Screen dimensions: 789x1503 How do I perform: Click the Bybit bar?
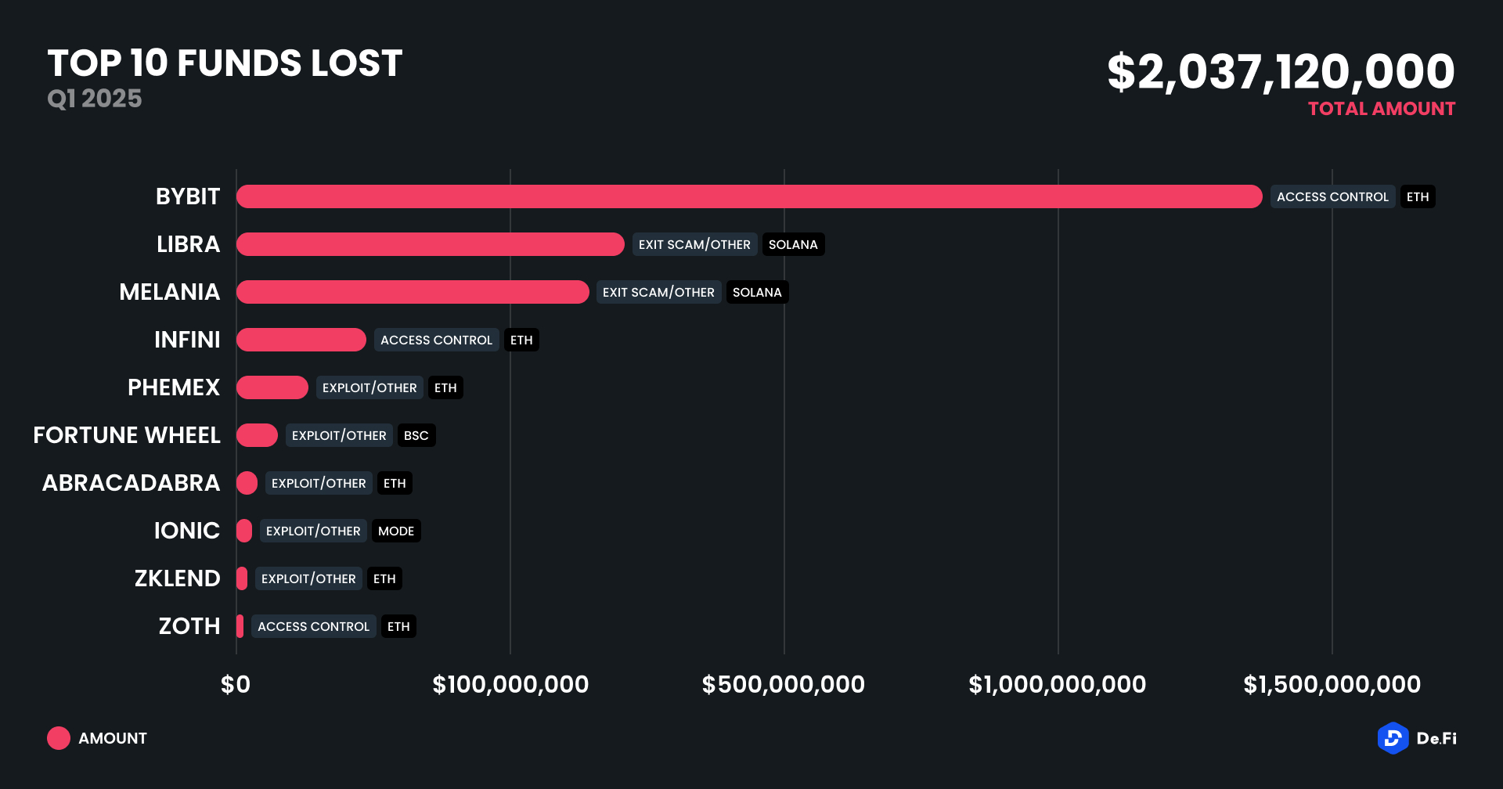(748, 196)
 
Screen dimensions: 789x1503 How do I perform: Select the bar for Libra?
(430, 244)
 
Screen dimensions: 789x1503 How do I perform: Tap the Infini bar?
(301, 340)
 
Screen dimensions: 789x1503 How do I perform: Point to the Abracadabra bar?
(247, 483)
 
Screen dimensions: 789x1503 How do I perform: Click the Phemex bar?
(272, 387)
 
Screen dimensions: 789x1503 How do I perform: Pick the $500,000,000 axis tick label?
(783, 685)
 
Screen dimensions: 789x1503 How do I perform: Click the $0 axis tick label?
(236, 685)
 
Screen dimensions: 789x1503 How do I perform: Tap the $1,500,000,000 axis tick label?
(1332, 685)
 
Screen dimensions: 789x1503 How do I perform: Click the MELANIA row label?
(169, 292)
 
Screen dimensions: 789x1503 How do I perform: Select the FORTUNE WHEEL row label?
(127, 435)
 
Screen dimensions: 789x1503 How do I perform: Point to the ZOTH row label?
(189, 626)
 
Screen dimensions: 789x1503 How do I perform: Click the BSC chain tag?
(416, 435)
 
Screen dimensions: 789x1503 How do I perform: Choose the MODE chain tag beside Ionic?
(395, 531)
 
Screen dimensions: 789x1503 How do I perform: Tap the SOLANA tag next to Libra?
(792, 244)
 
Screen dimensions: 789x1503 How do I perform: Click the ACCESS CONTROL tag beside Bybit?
(1332, 196)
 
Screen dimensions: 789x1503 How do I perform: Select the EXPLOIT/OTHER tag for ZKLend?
(308, 578)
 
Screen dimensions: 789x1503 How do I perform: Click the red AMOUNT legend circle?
(59, 738)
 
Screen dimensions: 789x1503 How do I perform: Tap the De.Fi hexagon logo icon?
(1393, 738)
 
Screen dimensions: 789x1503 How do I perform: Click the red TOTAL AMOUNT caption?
(1381, 109)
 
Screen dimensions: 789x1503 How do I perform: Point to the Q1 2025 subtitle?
(95, 99)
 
